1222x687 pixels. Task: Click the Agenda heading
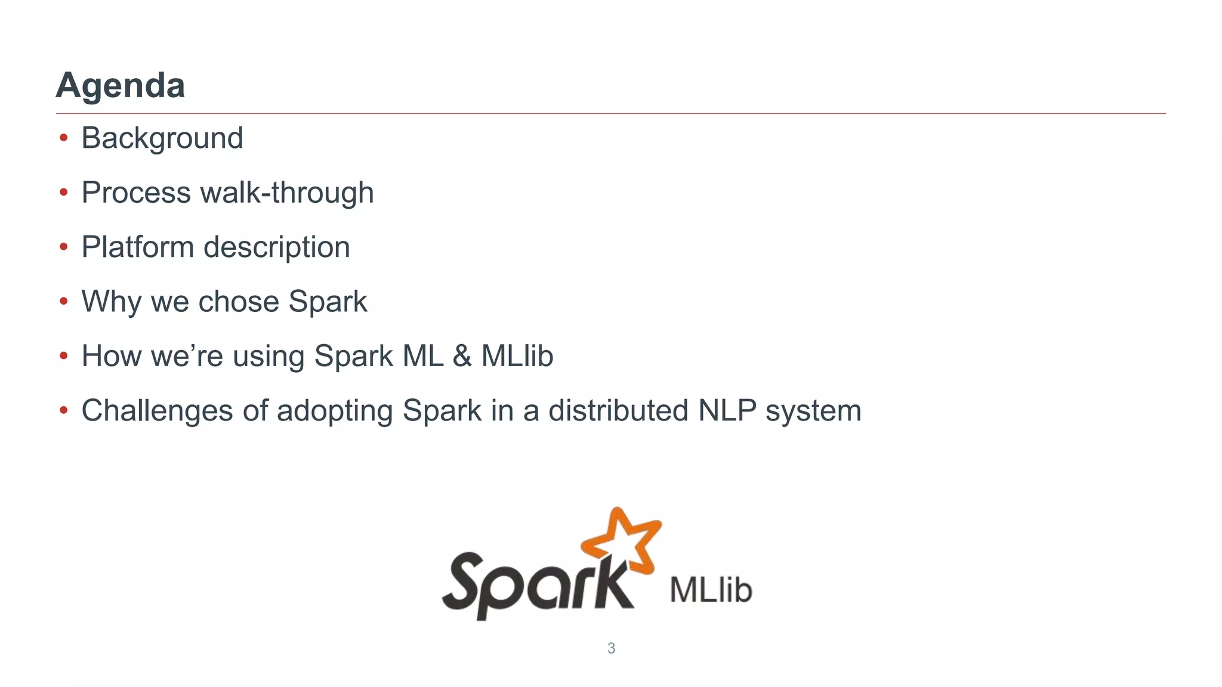pyautogui.click(x=120, y=85)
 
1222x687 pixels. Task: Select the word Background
pyautogui.click(x=162, y=138)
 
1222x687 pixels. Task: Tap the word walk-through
pyautogui.click(x=287, y=193)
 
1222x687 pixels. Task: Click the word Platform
pyautogui.click(x=137, y=247)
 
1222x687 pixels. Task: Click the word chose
pyautogui.click(x=239, y=302)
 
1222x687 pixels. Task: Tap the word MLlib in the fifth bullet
pyautogui.click(x=517, y=356)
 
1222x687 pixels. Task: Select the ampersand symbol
pyautogui.click(x=462, y=356)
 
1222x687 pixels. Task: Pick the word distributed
pyautogui.click(x=618, y=411)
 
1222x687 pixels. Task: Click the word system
pyautogui.click(x=813, y=411)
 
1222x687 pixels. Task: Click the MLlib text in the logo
pyautogui.click(x=710, y=590)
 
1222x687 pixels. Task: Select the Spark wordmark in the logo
pyautogui.click(x=537, y=584)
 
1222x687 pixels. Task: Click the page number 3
pyautogui.click(x=611, y=648)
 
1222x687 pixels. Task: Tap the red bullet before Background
pyautogui.click(x=64, y=138)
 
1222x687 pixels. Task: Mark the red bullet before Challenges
pyautogui.click(x=64, y=411)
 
